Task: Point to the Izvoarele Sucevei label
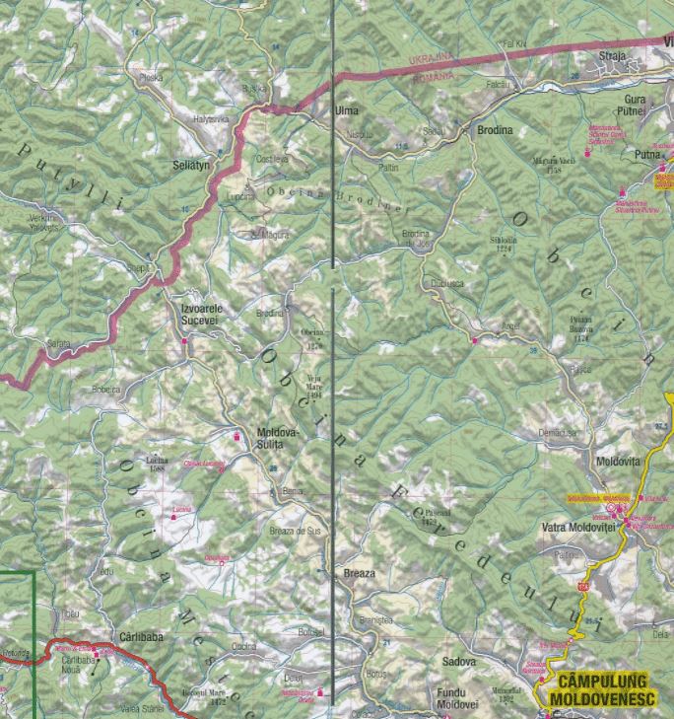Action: [x=203, y=314]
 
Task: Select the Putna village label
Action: [x=646, y=155]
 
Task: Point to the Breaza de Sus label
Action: [x=295, y=531]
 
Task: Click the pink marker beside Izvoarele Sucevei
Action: [x=184, y=341]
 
